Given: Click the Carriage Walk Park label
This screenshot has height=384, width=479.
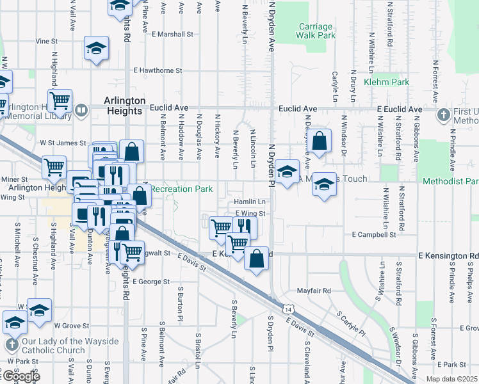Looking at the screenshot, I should pos(316,31).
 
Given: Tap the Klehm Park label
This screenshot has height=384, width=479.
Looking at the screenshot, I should pos(386,83).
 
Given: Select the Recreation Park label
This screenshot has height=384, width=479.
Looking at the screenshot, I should pos(181,189).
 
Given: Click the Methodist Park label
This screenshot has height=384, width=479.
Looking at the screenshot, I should pos(450,182).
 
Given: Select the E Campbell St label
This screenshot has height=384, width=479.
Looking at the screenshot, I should pos(374,235).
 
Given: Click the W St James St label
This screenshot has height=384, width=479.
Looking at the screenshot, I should pos(63,143).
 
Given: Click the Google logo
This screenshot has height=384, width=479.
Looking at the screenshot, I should pos(20,376).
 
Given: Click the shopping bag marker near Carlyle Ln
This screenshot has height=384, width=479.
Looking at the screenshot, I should pos(321,142).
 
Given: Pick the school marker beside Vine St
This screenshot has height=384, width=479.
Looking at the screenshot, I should pos(96,49).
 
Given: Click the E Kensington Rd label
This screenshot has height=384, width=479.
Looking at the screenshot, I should pos(448,256).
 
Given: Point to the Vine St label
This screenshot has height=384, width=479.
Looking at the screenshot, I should pos(47,41).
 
